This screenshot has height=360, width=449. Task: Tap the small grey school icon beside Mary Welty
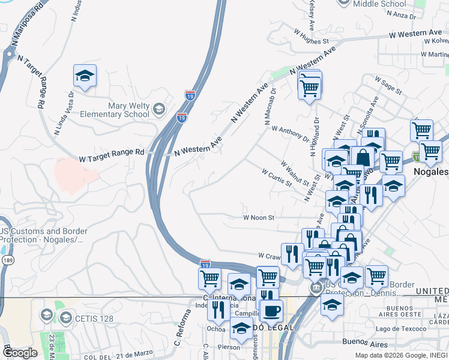158,109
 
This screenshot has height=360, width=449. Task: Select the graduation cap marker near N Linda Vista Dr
85,76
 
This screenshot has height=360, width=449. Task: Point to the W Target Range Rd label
112,153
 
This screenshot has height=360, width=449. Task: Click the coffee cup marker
271,311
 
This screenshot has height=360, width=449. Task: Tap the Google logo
20,352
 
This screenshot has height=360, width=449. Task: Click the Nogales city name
431,172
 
